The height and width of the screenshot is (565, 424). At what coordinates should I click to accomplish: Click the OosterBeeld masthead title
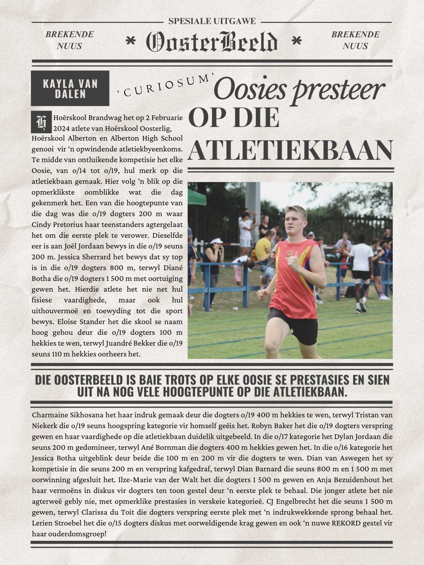(x=212, y=42)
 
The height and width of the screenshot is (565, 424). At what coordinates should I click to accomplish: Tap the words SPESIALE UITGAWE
(x=212, y=21)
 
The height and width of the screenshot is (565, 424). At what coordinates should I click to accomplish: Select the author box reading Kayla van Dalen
(x=70, y=88)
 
